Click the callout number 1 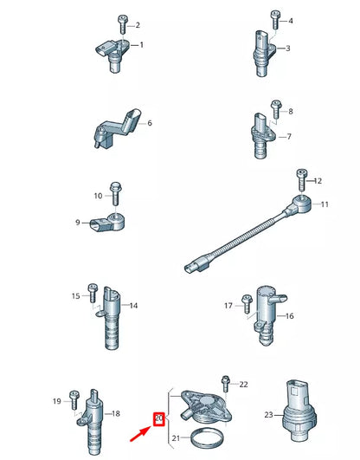tap(141, 44)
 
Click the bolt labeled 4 tap(275, 18)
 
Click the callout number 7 tap(288, 136)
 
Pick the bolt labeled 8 tap(276, 109)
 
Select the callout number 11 tap(325, 204)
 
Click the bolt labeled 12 tap(301, 179)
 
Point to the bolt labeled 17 tap(247, 304)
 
